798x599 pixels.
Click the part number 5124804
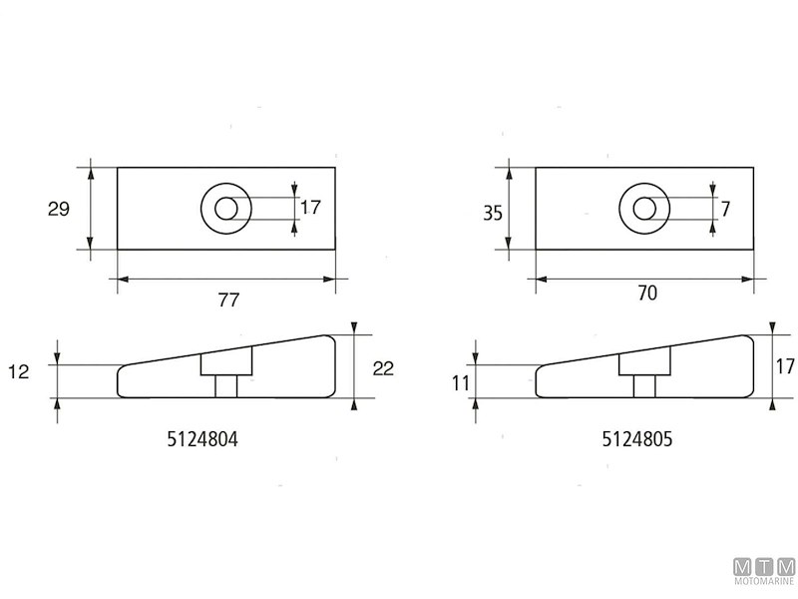pos(202,439)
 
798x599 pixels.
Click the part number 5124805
pos(637,439)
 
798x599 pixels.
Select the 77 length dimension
pos(228,300)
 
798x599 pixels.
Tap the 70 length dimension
pos(646,294)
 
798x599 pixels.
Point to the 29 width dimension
pos(59,209)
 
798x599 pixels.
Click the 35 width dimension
pos(493,213)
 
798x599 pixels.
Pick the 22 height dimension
pos(383,368)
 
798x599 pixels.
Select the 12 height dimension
pos(19,371)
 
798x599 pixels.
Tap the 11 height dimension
pos(461,383)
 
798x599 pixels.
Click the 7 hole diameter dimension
pos(726,209)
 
